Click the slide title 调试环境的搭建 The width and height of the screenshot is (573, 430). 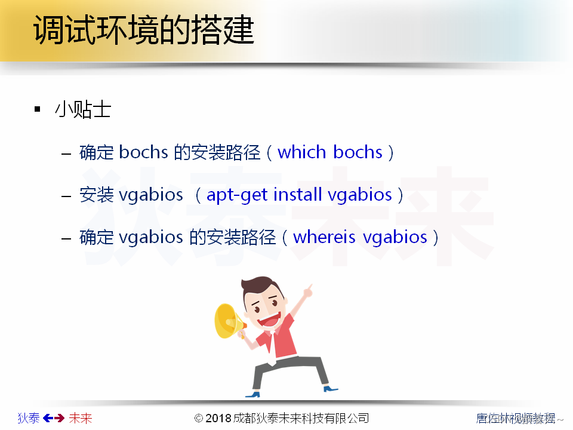click(x=144, y=30)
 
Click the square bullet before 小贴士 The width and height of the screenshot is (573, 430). click(x=38, y=109)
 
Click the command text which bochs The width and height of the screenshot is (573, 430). click(x=329, y=152)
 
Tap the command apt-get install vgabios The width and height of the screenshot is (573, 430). click(x=299, y=195)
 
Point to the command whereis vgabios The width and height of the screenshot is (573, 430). click(x=360, y=237)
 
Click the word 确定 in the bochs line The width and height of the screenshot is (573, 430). click(x=97, y=152)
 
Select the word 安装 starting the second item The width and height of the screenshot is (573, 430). click(x=97, y=195)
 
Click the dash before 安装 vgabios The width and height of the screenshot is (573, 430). click(x=67, y=195)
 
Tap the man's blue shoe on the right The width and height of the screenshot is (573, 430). click(x=330, y=389)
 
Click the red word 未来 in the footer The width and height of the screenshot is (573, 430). click(x=81, y=418)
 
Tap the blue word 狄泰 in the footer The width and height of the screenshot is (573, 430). click(x=29, y=418)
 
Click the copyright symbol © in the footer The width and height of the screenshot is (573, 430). click(x=199, y=418)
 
